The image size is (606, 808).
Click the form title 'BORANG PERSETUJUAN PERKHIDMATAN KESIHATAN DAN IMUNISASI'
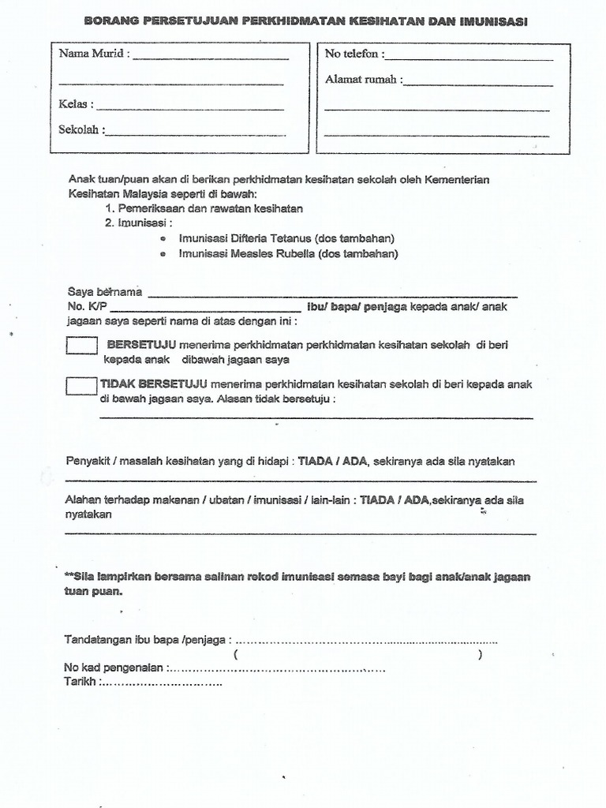pyautogui.click(x=305, y=22)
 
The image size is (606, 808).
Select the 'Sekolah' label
pyautogui.click(x=82, y=130)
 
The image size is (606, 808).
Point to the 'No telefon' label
pyautogui.click(x=354, y=54)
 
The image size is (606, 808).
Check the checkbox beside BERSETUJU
pyautogui.click(x=82, y=346)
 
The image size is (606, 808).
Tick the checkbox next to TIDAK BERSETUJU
pyautogui.click(x=82, y=386)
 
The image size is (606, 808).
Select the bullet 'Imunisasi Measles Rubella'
pyautogui.click(x=288, y=254)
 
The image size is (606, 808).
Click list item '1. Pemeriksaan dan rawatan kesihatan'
pyautogui.click(x=204, y=208)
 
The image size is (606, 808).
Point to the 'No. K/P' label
pyautogui.click(x=87, y=308)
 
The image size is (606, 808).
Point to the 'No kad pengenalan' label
pyautogui.click(x=114, y=668)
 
